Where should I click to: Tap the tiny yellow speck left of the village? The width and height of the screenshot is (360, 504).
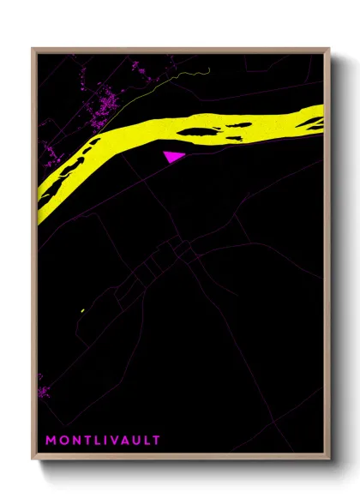[x=81, y=310]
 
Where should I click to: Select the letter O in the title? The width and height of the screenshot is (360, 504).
[x=64, y=441]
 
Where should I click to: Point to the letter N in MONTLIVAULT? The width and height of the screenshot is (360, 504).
[x=78, y=441]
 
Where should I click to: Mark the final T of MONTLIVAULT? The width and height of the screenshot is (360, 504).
[x=158, y=441]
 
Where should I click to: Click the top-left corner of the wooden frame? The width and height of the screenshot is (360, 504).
[x=33, y=49]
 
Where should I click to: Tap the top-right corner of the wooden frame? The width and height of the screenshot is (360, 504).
[x=329, y=49]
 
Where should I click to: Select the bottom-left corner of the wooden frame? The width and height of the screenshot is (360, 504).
[x=33, y=459]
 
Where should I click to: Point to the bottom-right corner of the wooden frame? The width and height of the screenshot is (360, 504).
[x=329, y=459]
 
